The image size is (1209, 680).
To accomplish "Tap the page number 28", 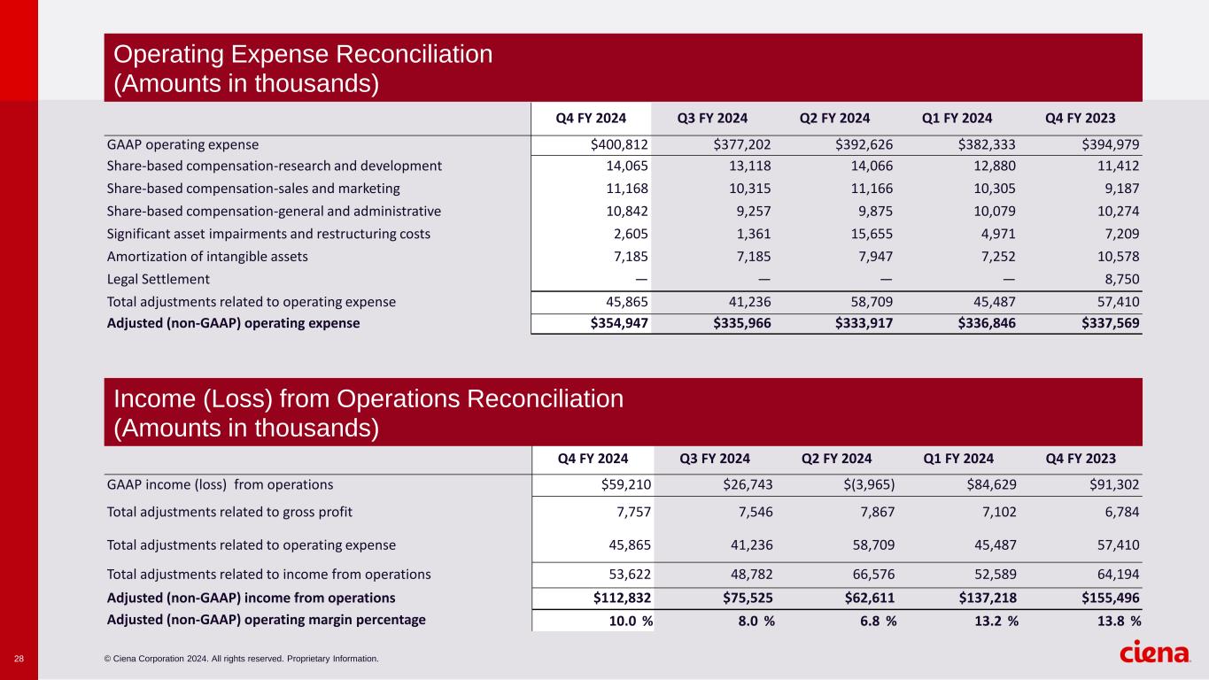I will tap(19, 659).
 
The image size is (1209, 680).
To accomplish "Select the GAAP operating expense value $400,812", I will tap(619, 143).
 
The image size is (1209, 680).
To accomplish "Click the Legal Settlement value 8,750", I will tap(1121, 279).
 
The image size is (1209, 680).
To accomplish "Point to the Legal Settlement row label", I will tap(159, 279).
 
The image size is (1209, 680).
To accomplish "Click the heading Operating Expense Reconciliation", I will tap(303, 54).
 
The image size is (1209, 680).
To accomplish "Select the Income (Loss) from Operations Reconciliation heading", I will tap(368, 398).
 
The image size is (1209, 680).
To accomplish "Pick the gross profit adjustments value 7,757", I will tap(630, 511).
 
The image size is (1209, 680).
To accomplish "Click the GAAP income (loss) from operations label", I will tap(220, 484).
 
